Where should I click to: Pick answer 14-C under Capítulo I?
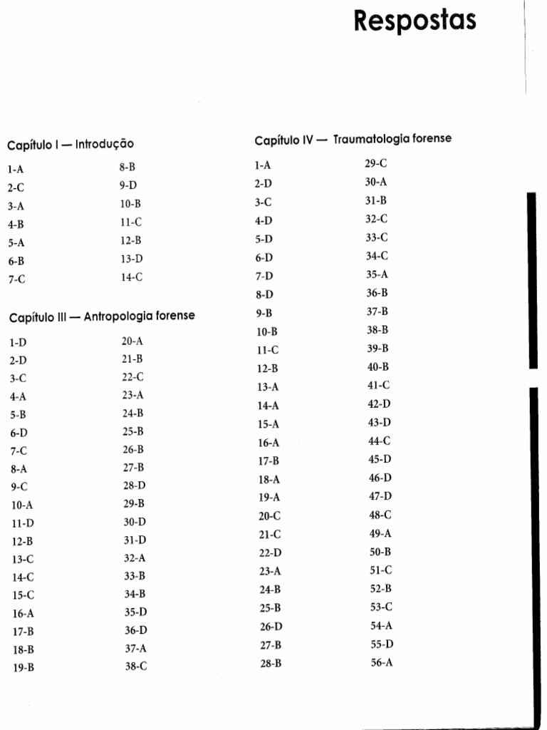[131, 277]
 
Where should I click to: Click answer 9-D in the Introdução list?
[128, 185]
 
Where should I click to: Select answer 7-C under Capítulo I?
[16, 279]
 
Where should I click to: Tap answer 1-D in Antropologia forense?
[18, 342]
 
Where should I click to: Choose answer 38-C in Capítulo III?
[135, 667]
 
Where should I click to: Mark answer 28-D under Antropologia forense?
[134, 485]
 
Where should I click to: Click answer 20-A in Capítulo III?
[132, 341]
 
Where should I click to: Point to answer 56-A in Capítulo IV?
[381, 662]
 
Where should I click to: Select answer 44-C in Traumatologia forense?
[380, 441]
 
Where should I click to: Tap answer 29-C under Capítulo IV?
[376, 163]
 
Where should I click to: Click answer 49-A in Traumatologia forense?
[380, 533]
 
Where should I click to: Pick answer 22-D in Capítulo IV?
[270, 552]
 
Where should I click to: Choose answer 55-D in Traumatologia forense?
[382, 644]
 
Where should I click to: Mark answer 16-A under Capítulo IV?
[269, 443]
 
